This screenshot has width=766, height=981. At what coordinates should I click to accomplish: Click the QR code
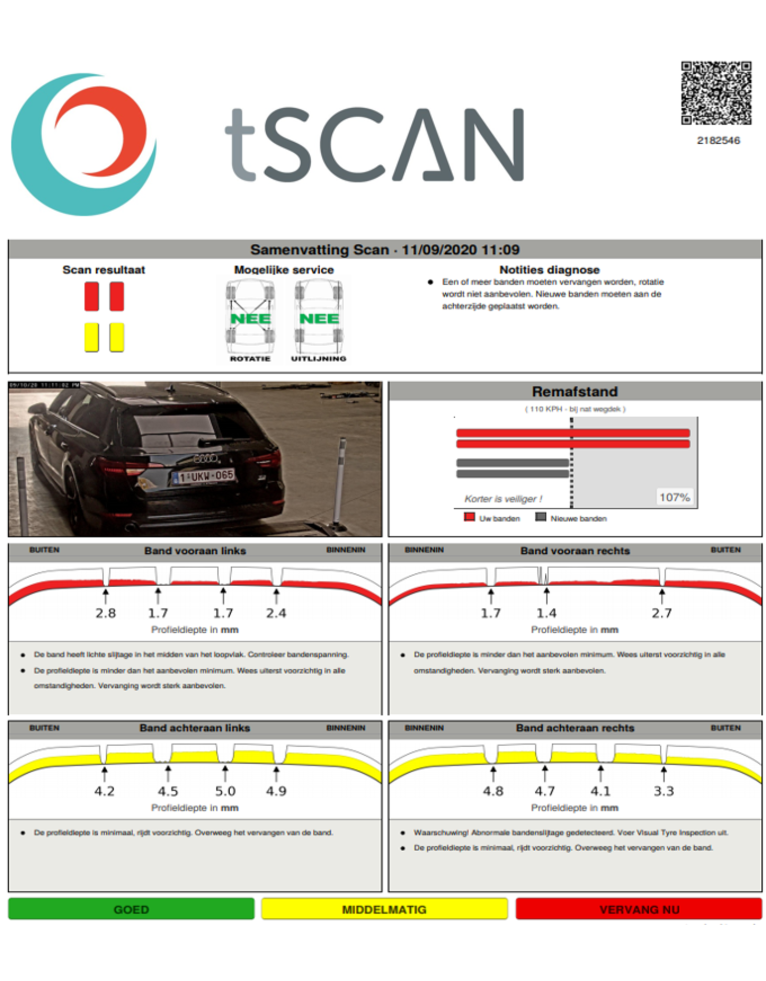pos(716,93)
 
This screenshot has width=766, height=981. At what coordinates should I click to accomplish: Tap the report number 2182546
pos(718,140)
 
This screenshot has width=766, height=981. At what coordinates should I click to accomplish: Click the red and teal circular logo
pos(84,144)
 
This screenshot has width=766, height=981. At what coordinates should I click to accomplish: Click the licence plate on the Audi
pos(204,476)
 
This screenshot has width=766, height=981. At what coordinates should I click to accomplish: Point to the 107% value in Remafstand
pos(675,497)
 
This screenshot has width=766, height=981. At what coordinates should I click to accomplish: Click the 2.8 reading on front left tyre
pos(105,613)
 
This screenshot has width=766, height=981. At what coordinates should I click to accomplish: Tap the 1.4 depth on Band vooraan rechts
pos(546,613)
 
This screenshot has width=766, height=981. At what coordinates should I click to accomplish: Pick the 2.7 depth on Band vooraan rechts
pos(662,613)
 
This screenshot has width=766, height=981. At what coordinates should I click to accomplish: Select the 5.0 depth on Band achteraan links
pos(225,791)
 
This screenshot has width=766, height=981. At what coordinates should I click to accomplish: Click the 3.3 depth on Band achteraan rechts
pos(664,791)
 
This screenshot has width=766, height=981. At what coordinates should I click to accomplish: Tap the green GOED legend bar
pos(131,909)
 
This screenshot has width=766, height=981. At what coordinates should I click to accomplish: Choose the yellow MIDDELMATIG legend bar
pos(384,909)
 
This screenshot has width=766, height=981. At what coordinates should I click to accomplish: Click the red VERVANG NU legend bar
pos(639,909)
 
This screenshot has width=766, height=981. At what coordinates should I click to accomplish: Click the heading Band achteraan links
pos(195,728)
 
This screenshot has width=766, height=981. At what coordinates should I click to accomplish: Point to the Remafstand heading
pos(575,391)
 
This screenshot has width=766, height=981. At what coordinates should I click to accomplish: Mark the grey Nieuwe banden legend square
pos(541,517)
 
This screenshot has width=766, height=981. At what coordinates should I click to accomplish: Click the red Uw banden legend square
pos(469,517)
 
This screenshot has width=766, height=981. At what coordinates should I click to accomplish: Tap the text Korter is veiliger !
pos(503,499)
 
